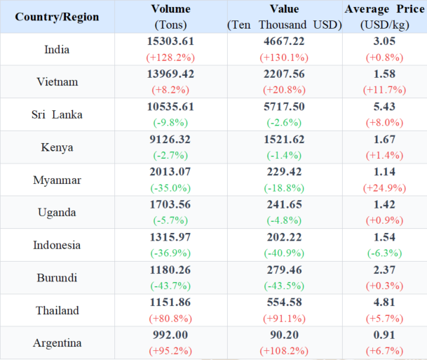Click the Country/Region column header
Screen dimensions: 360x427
point(57,17)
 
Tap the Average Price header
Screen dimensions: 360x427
point(384,10)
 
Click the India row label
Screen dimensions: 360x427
point(57,49)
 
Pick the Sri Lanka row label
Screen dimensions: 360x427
point(57,114)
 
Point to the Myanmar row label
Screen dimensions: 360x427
point(57,180)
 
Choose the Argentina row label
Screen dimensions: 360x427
point(57,343)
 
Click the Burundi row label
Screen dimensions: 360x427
point(57,278)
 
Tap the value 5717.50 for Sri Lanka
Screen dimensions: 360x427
point(284,107)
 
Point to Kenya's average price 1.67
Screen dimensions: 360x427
point(384,139)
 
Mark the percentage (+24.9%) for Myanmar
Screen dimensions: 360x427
point(384,188)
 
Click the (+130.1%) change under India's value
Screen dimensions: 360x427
point(284,58)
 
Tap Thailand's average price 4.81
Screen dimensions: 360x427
point(384,302)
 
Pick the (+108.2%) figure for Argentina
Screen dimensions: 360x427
point(284,351)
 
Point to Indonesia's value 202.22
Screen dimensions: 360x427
point(284,237)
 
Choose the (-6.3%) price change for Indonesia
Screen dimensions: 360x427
point(384,253)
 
